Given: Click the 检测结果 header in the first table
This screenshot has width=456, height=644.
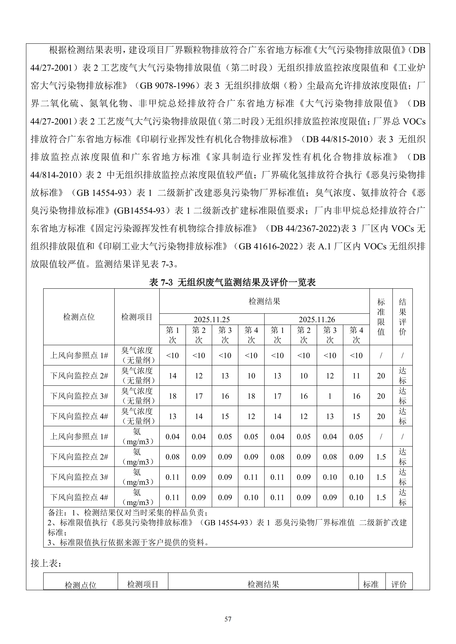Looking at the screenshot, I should click(x=264, y=301).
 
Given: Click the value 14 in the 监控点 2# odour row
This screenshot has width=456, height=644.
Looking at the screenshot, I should click(x=172, y=376).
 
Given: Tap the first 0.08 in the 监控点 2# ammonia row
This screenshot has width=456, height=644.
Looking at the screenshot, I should click(x=172, y=457).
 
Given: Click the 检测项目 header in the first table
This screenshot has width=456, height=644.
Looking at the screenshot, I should click(x=137, y=317).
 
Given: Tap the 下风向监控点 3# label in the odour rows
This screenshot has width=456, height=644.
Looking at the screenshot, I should click(x=79, y=396).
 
